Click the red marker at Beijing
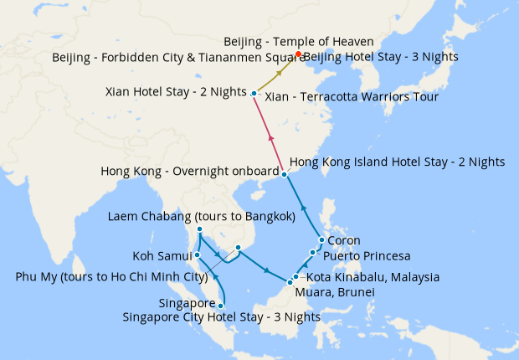click(x=298, y=56)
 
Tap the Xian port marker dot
click(x=254, y=93)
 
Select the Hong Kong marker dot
click(x=285, y=174)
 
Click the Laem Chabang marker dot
click(x=200, y=229)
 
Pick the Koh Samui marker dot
click(x=198, y=255)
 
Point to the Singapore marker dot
click(x=221, y=306)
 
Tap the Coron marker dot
click(x=321, y=239)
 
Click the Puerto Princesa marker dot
click(x=313, y=252)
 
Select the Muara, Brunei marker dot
click(x=290, y=282)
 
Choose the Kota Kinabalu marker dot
click(x=296, y=276)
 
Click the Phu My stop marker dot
click(x=239, y=248)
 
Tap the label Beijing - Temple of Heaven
click(x=298, y=41)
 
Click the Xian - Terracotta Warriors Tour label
click(x=351, y=98)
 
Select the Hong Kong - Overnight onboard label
click(x=188, y=171)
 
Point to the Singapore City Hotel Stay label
click(x=221, y=317)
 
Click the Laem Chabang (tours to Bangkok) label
click(x=201, y=217)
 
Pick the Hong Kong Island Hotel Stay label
click(x=396, y=161)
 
